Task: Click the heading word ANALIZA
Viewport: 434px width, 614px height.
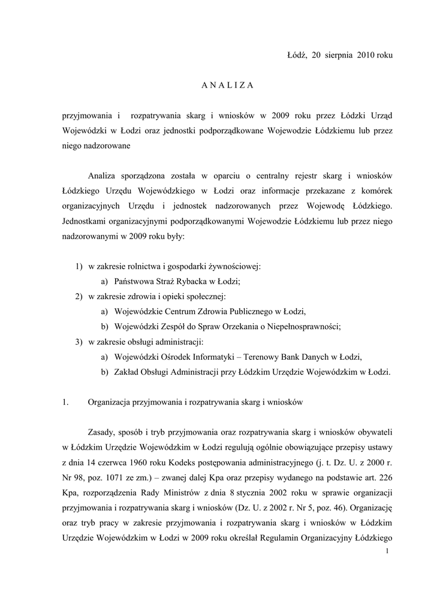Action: coord(227,85)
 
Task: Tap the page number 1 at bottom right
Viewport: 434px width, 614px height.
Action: coord(388,551)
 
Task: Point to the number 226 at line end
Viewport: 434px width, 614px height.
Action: coord(385,478)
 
